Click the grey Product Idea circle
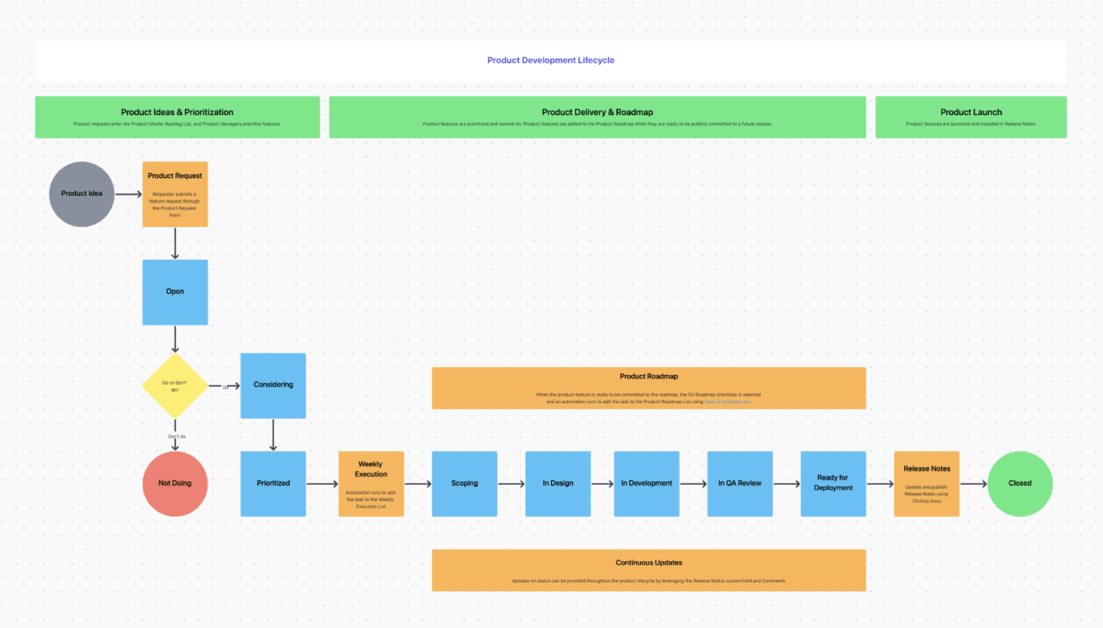81,194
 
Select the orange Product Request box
174,194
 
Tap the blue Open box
174,292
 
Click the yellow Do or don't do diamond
174,386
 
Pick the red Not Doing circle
174,484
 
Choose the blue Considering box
273,385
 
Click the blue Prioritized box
273,484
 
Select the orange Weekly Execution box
371,484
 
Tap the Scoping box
464,484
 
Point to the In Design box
557,484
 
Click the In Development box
646,484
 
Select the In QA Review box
740,484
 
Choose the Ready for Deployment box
833,484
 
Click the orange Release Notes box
926,484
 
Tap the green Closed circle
1020,484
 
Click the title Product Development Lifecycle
551,60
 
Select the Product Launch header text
971,112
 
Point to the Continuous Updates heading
648,563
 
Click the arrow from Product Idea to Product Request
129,194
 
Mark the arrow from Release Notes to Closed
974,484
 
